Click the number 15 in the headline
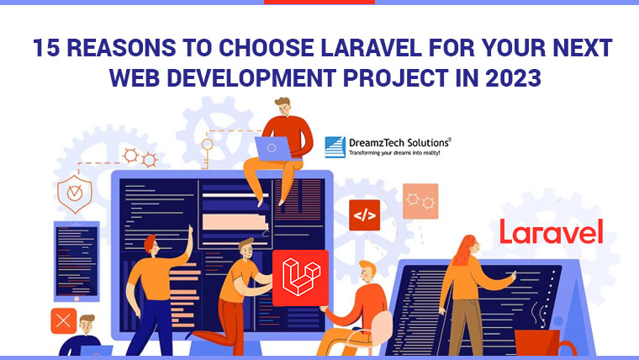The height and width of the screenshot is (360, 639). click(x=48, y=47)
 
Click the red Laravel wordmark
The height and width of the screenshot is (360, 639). click(x=552, y=231)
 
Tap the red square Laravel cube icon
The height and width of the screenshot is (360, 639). click(x=300, y=277)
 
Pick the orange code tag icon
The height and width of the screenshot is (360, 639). click(x=365, y=215)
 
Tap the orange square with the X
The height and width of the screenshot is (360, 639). click(x=63, y=320)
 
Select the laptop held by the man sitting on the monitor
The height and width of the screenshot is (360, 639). click(x=272, y=150)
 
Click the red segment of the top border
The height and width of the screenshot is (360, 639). click(x=319, y=3)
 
